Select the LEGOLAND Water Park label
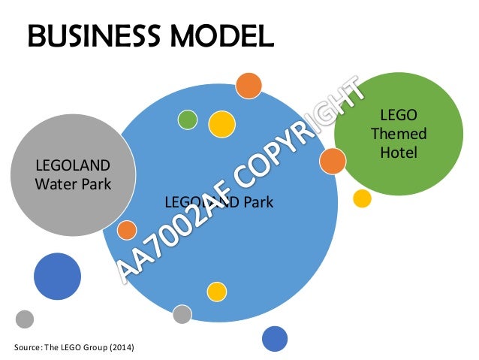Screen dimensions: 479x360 point(73,173)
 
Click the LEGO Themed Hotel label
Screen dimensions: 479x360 point(398,135)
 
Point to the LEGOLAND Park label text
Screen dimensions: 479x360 point(218,201)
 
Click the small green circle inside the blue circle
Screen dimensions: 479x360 point(188,119)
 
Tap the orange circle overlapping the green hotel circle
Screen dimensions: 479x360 point(332,162)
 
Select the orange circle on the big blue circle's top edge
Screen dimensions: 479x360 point(248,86)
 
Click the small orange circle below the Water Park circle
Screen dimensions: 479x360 point(127,230)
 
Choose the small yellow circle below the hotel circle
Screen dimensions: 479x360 point(362,198)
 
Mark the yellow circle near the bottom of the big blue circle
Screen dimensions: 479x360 point(216,291)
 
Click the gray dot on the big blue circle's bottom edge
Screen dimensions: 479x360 point(182,315)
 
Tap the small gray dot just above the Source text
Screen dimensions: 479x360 point(25,319)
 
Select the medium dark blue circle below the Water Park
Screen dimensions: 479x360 point(56,277)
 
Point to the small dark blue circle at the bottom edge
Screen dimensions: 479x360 point(275,339)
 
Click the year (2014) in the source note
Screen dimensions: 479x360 point(125,346)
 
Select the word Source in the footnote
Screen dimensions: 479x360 point(28,346)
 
